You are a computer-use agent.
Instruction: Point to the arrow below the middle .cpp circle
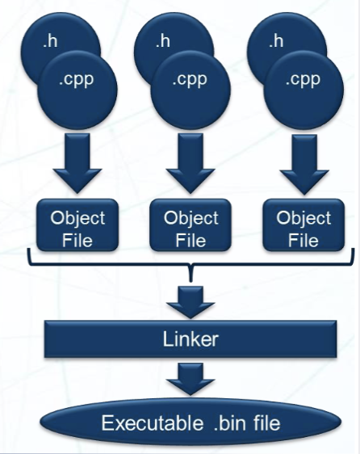pos(191,166)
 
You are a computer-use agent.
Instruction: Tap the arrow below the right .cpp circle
pos(303,166)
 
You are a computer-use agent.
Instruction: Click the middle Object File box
pos(191,228)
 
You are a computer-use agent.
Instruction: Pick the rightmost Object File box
pos(303,228)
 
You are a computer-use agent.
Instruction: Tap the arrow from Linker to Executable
pos(191,378)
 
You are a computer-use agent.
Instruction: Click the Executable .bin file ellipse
pos(191,422)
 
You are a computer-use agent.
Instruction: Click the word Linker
pos(191,338)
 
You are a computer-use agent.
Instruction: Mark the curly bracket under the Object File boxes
pos(191,267)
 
